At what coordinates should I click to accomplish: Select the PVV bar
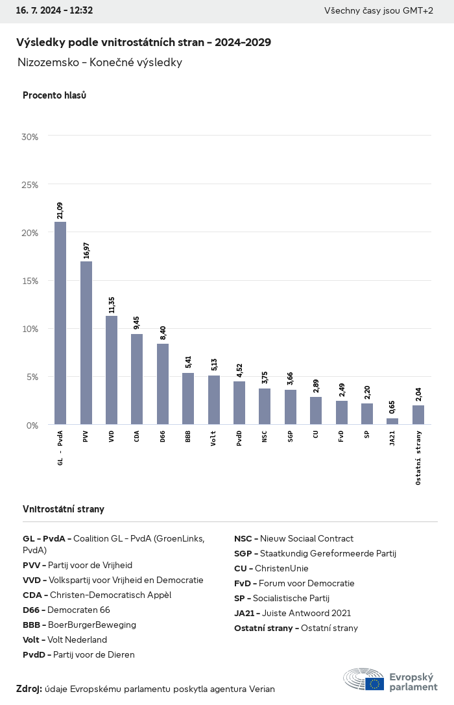pyautogui.click(x=86, y=343)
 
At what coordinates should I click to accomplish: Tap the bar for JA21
pyautogui.click(x=392, y=422)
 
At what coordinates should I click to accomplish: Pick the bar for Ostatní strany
pyautogui.click(x=418, y=415)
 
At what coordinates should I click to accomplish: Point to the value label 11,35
pyautogui.click(x=112, y=305)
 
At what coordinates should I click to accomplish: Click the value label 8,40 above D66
pyautogui.click(x=163, y=333)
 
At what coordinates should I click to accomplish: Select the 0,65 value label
pyautogui.click(x=392, y=408)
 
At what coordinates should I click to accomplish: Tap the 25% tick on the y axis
pyautogui.click(x=30, y=185)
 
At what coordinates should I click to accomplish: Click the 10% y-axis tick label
pyautogui.click(x=30, y=329)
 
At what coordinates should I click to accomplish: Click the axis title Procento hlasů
pyautogui.click(x=54, y=95)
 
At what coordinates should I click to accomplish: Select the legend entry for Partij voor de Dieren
pyautogui.click(x=78, y=654)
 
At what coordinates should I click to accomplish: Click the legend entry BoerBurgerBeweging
pyautogui.click(x=79, y=625)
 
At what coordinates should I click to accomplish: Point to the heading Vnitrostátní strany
pyautogui.click(x=64, y=509)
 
